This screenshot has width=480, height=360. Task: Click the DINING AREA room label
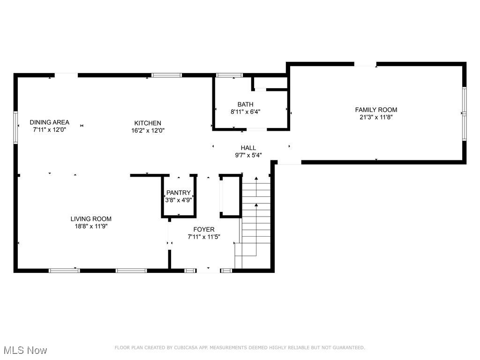pos(49,122)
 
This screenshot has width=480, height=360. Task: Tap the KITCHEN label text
pos(148,123)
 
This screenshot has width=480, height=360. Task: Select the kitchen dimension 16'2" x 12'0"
pos(148,131)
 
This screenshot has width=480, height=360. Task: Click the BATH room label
pos(245,105)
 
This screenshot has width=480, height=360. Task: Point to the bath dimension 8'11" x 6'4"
pos(245,112)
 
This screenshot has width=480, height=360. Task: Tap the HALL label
pos(248,148)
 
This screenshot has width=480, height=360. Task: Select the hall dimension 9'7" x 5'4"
pos(248,155)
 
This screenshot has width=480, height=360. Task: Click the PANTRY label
pos(179,193)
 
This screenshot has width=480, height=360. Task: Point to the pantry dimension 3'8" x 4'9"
pos(179,200)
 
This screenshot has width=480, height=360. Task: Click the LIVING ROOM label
pos(91,219)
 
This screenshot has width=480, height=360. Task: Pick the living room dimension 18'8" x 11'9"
pos(91,226)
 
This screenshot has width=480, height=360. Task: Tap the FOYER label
pos(204,229)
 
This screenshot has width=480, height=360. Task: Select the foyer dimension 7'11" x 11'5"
pos(204,237)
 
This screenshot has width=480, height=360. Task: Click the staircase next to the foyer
pos(256,216)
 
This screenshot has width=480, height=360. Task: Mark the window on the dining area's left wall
pos(15,127)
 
